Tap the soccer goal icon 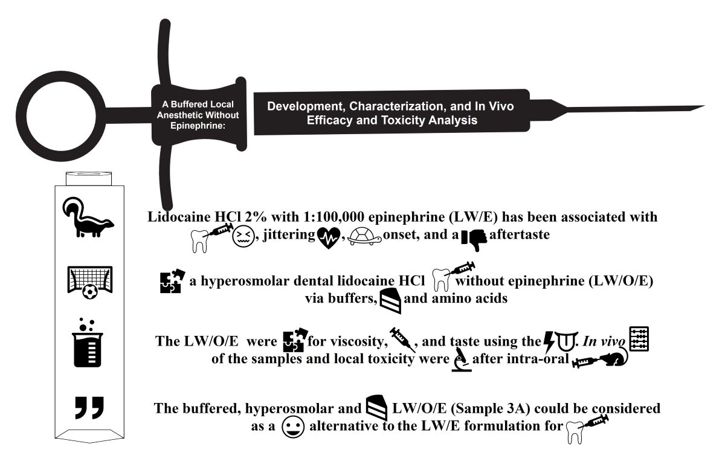(89, 282)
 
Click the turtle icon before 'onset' (361, 236)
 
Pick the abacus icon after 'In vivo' (639, 340)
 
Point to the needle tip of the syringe (701, 108)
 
